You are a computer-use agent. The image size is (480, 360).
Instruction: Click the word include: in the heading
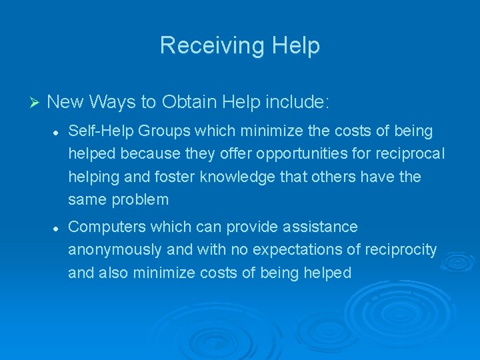click(297, 102)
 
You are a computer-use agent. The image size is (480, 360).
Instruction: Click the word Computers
click(107, 227)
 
